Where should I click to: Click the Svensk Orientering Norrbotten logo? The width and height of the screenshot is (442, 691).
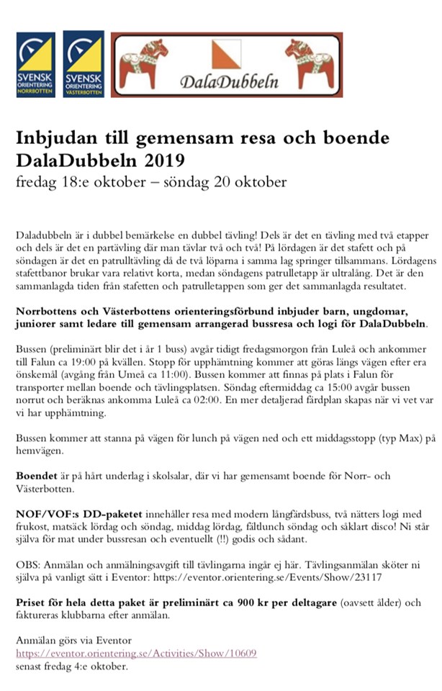(35, 64)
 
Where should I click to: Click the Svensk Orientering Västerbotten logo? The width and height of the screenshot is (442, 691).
(84, 64)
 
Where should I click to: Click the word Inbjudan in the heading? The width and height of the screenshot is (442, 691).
(56, 137)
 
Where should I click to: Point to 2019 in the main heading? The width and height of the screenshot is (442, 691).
(164, 158)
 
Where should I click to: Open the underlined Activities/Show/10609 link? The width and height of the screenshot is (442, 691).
(136, 652)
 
